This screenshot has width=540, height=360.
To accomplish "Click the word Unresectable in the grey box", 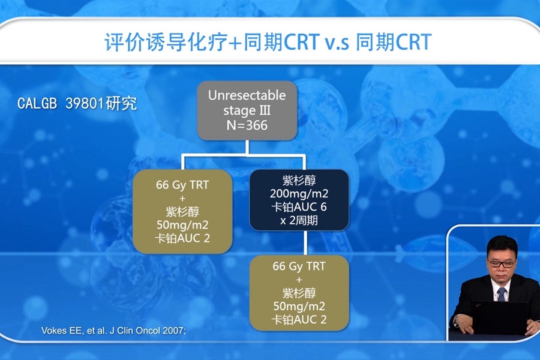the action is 247,95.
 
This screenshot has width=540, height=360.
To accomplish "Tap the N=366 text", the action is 247,125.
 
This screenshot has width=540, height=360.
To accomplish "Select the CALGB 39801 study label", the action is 77,103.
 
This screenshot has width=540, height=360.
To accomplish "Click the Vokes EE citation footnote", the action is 113,331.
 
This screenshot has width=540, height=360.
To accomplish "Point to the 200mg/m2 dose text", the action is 299,194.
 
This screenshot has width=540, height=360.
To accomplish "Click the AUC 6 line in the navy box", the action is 299,207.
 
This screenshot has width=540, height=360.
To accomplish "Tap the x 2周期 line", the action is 299,220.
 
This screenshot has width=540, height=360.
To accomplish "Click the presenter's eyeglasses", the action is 502,264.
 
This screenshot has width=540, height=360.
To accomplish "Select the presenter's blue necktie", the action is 501,294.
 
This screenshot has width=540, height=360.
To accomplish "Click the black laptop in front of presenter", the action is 499,317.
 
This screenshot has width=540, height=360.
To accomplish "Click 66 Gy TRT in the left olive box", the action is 182,185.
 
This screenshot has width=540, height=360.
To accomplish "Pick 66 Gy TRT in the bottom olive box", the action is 299,266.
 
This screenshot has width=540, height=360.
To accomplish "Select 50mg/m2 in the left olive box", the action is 182,225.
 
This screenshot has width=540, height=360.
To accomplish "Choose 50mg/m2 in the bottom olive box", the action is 299,306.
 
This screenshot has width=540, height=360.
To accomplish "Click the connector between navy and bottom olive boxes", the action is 305,243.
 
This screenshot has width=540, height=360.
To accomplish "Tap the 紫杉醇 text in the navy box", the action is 299,180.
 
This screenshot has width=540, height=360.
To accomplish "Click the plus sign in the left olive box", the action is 182,199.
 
